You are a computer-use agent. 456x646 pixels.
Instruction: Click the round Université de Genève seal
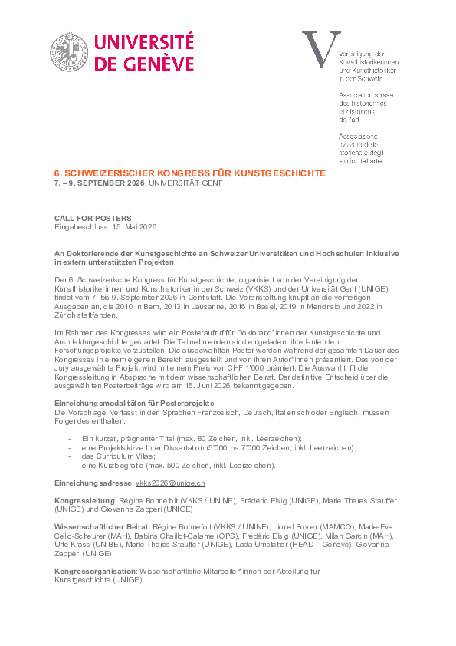coord(70,53)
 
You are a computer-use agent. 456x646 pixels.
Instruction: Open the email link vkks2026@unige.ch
coord(169,483)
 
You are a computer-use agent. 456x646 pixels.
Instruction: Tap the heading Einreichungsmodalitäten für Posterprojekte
coord(134,403)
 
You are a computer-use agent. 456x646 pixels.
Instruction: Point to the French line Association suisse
coord(363,95)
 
